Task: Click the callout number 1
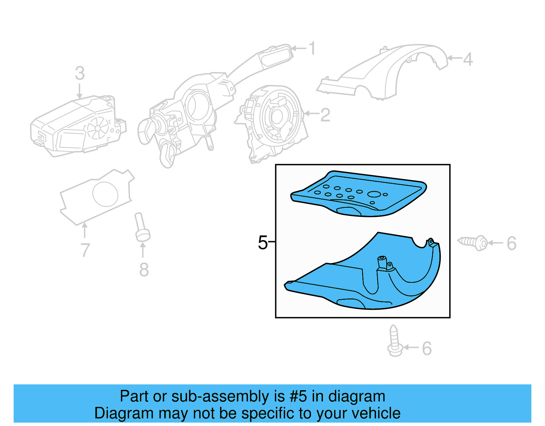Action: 312,48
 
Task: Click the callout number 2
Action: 325,115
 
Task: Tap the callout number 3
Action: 80,73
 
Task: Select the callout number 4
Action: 468,59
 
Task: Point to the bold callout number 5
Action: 263,243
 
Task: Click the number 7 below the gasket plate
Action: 85,250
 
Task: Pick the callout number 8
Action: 144,270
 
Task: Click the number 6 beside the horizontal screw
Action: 511,244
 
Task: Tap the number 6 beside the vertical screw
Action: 427,349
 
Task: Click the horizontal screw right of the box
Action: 473,243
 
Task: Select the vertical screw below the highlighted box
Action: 394,341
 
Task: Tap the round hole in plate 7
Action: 105,194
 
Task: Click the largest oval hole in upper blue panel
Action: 374,194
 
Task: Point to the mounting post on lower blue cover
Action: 382,263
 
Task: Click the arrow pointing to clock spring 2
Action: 311,113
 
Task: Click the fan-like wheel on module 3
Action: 98,128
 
